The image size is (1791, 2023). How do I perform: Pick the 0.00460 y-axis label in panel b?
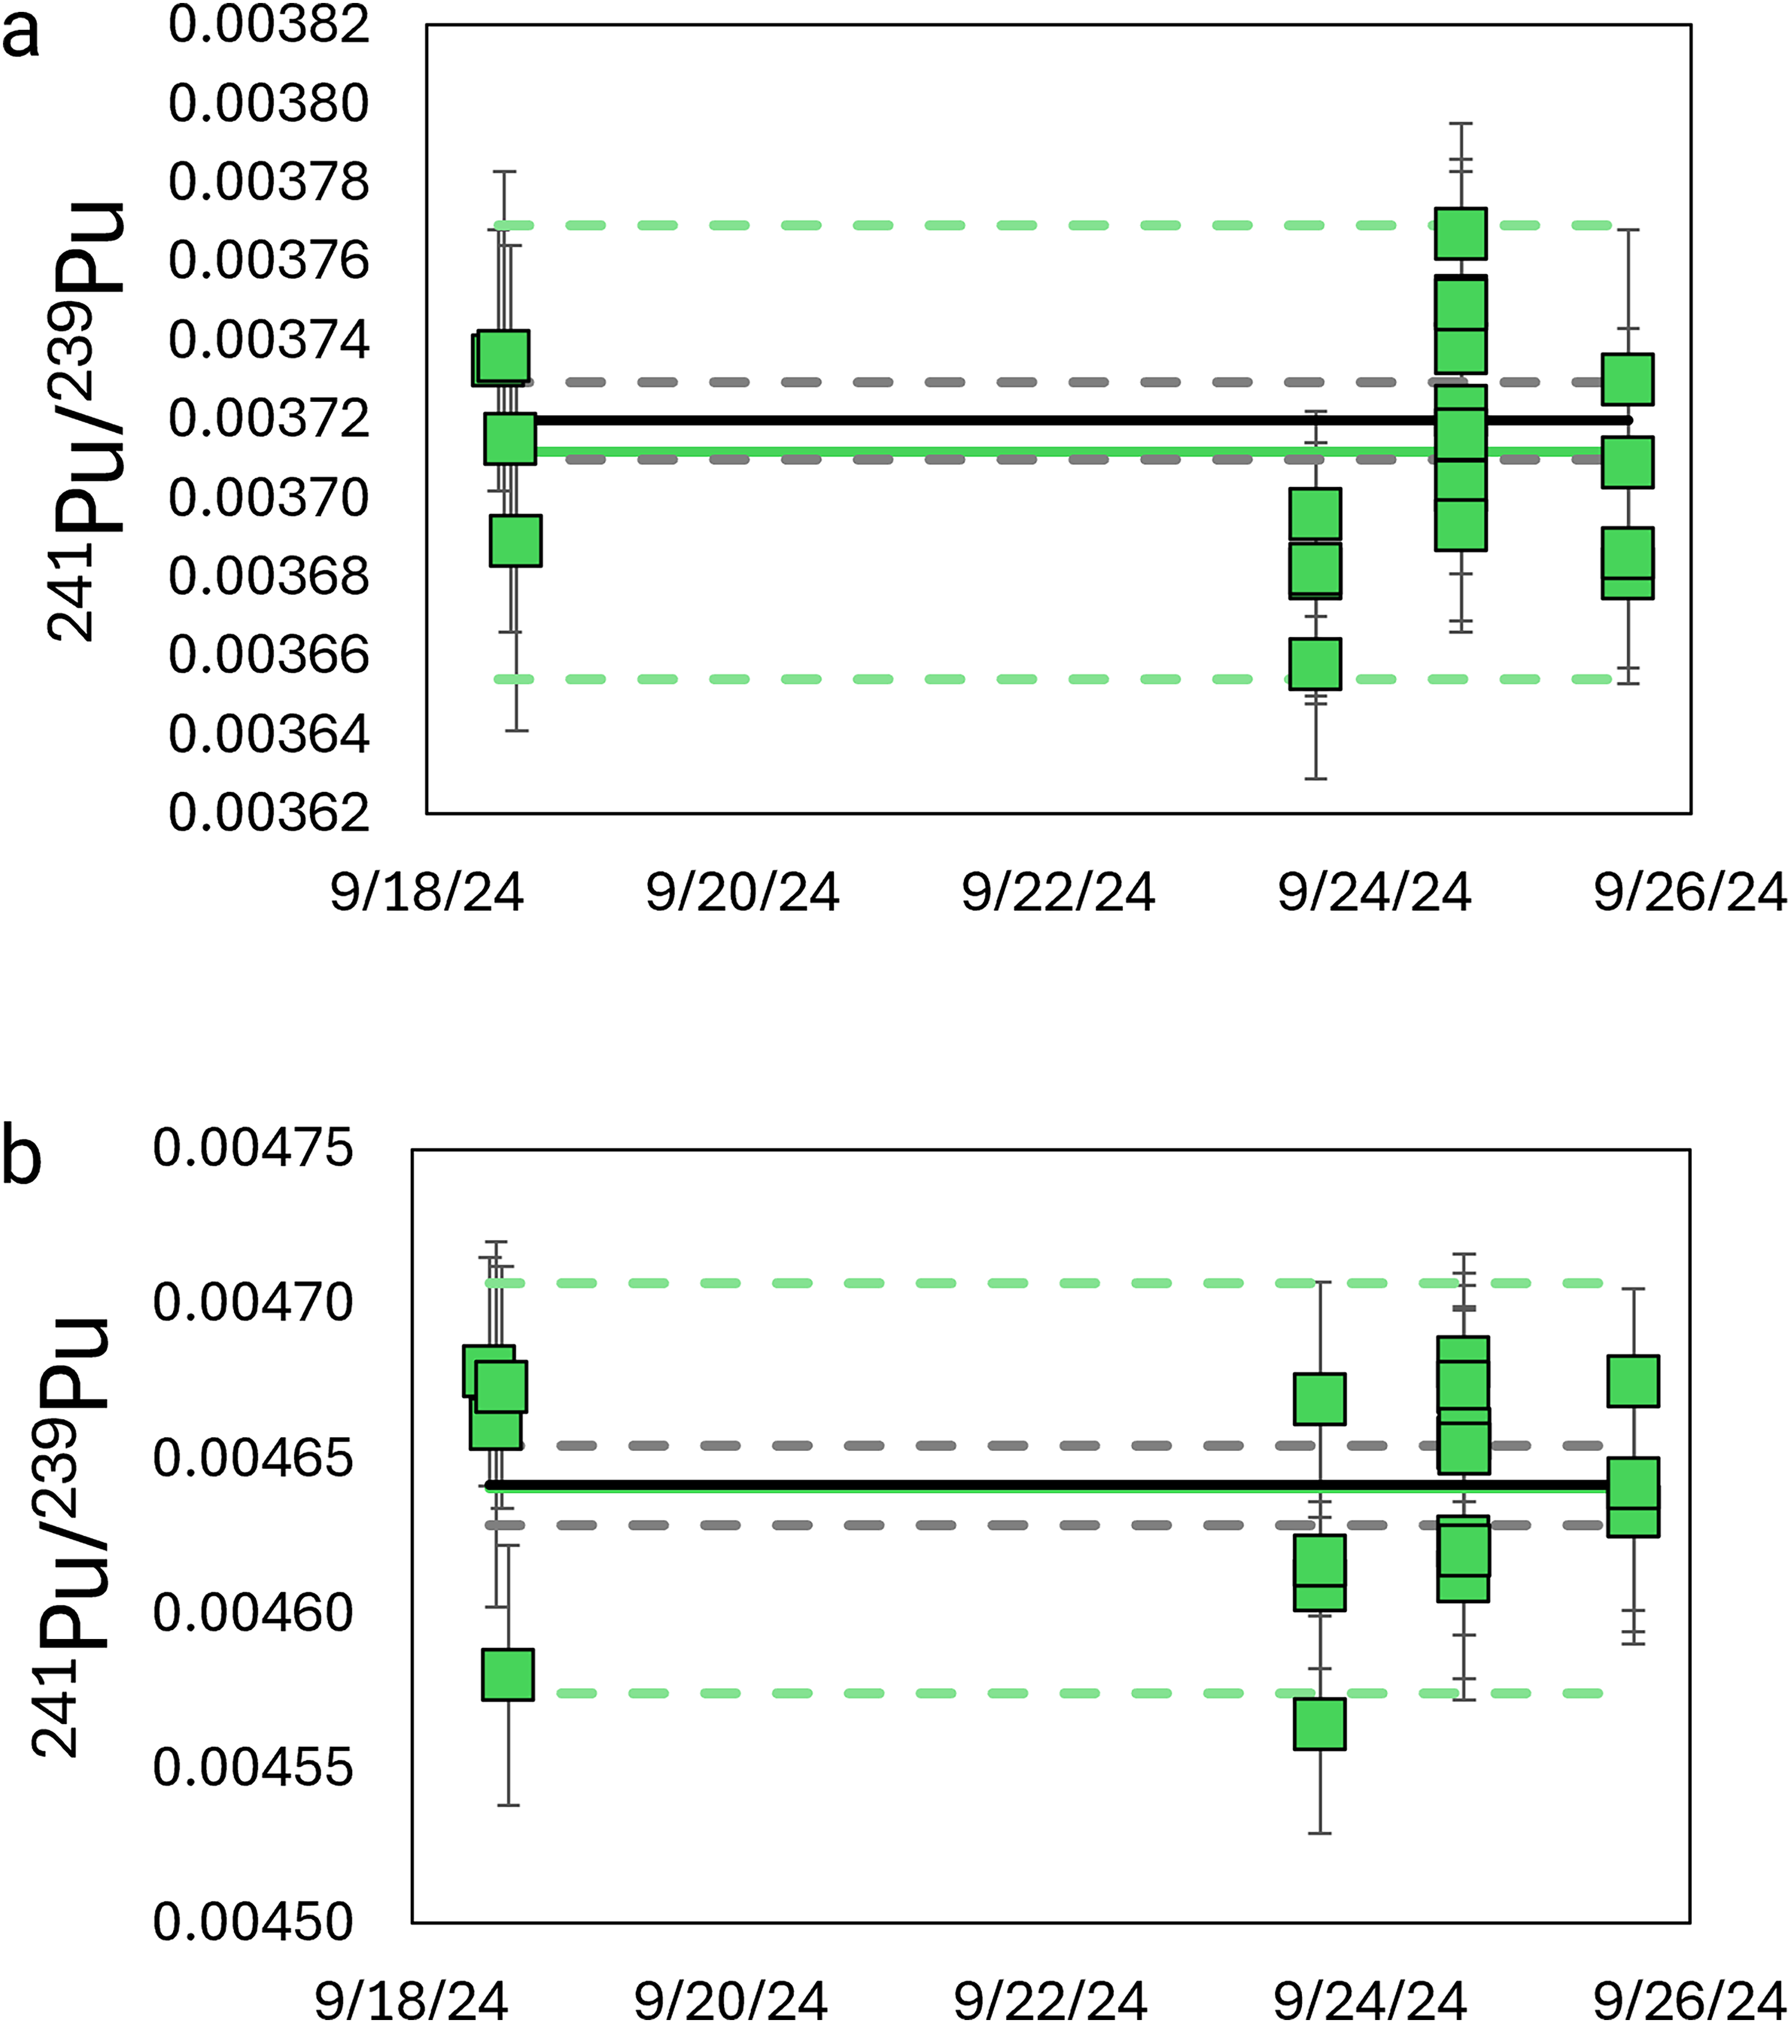tap(253, 1612)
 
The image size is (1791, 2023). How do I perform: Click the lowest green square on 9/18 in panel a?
tap(516, 541)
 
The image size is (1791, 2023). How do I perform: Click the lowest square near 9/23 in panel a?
tap(1315, 663)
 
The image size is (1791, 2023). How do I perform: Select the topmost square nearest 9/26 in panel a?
tap(1628, 379)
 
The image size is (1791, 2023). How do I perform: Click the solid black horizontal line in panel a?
tap(989, 420)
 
